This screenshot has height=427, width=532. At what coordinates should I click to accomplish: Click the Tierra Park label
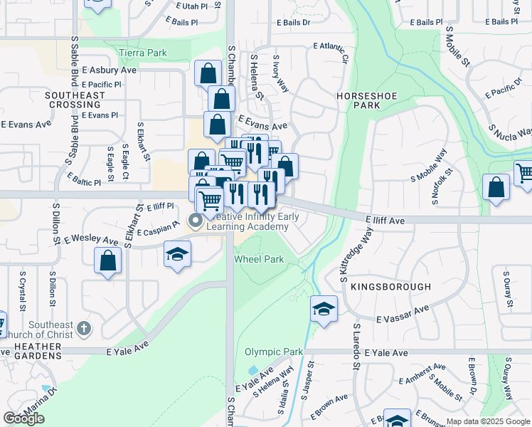click(143, 53)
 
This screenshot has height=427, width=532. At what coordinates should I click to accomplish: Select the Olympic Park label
click(274, 352)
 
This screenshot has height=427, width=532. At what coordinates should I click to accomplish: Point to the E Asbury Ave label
click(109, 70)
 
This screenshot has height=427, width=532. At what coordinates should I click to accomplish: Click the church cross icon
click(84, 328)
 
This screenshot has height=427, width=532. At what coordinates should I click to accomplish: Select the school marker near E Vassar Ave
click(324, 309)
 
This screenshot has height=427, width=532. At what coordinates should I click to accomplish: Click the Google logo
click(23, 418)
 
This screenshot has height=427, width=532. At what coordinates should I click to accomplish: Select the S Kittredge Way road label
click(357, 253)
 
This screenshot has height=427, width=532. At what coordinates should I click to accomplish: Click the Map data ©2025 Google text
click(487, 421)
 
